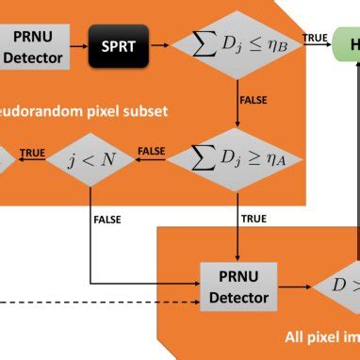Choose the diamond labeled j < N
(92, 157)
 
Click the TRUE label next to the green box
(314, 38)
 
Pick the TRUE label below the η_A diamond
(254, 220)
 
